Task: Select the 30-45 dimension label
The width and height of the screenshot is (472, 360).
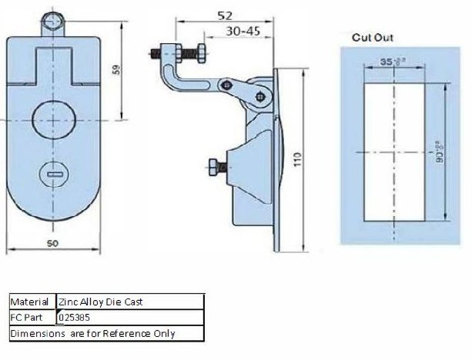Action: (x=244, y=31)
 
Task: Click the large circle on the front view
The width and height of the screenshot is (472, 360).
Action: (x=54, y=122)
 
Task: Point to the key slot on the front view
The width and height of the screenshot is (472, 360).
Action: (x=54, y=175)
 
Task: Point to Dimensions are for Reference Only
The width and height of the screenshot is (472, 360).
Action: (x=93, y=333)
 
